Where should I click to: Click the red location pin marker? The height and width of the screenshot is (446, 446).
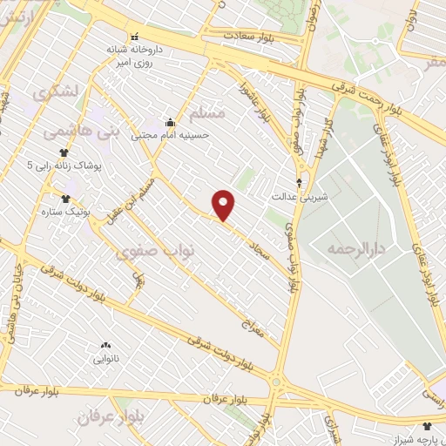coord(224,206)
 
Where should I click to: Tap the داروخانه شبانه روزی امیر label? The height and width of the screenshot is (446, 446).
coord(135,56)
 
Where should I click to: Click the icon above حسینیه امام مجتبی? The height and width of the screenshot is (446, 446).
coord(170,122)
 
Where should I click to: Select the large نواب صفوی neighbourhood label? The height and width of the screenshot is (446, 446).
coord(156,250)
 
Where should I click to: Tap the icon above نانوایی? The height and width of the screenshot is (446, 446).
coord(105,346)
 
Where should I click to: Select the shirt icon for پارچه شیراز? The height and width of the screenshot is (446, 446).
coord(427,426)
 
